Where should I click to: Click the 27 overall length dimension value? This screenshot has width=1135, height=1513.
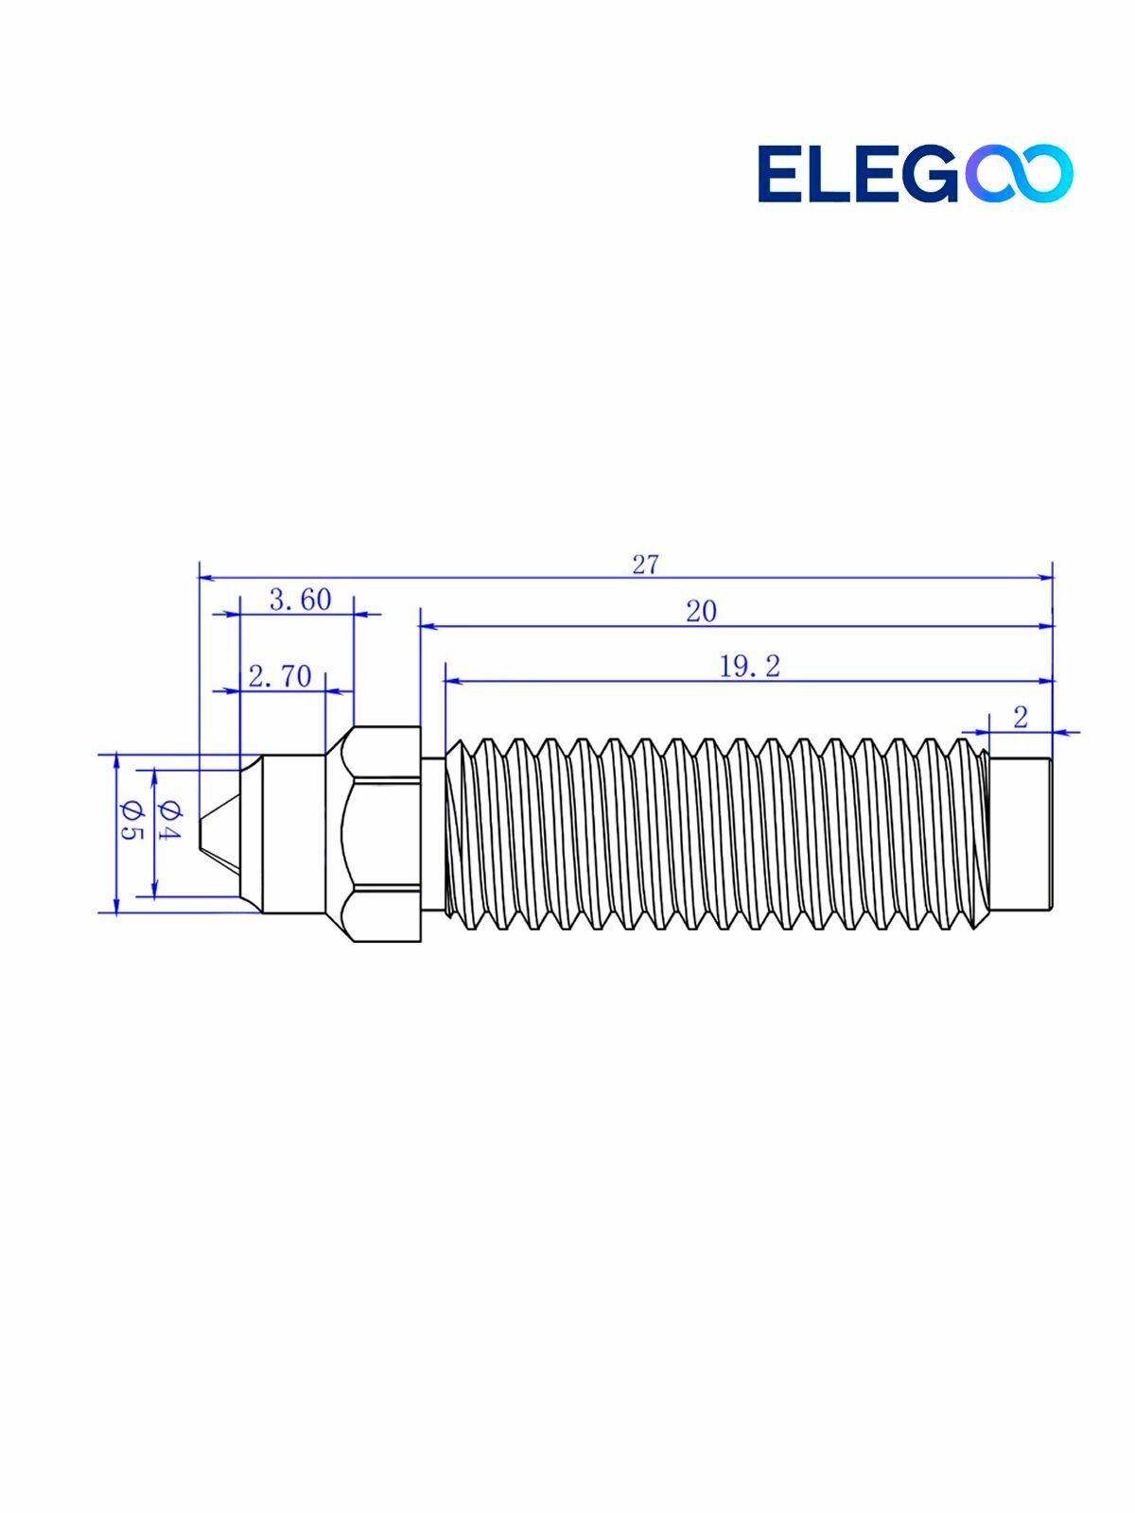(646, 565)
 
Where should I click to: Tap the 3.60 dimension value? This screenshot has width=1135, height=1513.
(301, 600)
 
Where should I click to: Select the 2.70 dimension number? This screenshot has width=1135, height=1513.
(281, 676)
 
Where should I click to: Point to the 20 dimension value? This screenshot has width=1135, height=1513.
(701, 612)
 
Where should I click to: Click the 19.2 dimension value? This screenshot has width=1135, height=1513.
(750, 667)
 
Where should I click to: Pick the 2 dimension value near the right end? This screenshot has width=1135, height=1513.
(1021, 718)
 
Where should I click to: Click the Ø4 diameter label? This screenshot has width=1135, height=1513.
(169, 821)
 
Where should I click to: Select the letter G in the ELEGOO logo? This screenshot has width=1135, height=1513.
(928, 173)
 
